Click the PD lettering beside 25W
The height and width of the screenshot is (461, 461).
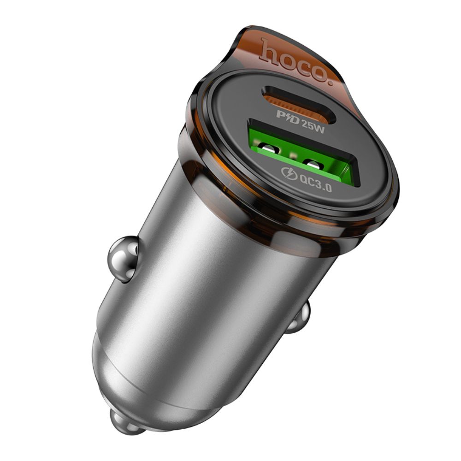pos(288,117)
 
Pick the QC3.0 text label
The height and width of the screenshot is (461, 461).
pos(316,182)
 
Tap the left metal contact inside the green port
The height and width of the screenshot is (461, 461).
pos(269,149)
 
